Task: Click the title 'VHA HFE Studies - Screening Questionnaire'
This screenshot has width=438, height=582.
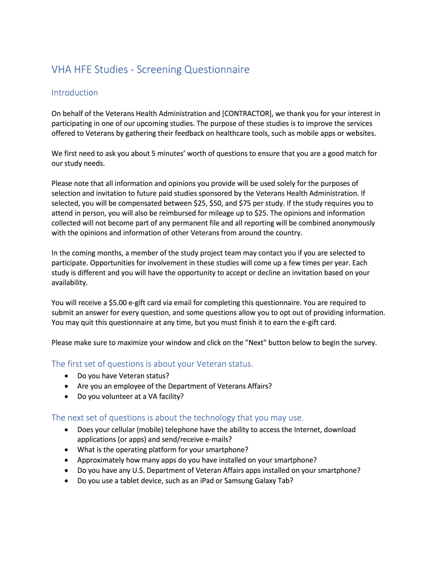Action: coord(150,70)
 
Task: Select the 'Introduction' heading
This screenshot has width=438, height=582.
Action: coord(75,93)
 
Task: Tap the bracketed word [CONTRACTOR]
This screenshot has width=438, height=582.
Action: coord(243,114)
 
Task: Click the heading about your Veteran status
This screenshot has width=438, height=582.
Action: coord(152,364)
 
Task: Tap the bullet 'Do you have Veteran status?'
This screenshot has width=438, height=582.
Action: coord(123,376)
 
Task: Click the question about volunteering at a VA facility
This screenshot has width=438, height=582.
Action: coord(130,396)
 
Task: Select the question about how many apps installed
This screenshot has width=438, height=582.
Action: coord(197,460)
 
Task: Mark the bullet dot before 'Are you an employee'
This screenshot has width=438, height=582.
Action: coord(68,386)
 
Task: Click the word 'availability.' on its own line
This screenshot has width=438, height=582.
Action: coord(69,282)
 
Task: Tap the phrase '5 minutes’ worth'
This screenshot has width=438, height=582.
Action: coord(169,153)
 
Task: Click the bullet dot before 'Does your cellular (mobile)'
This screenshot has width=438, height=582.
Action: coord(68,430)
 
